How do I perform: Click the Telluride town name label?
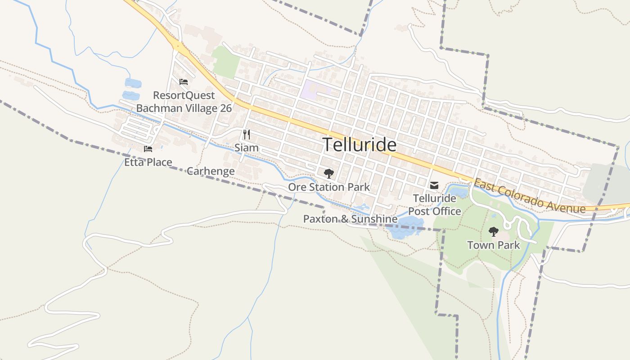(x=360, y=145)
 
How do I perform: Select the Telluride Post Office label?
(x=434, y=205)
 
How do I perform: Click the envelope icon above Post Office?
(x=434, y=185)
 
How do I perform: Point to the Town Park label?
(x=493, y=245)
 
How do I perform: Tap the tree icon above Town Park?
(x=494, y=232)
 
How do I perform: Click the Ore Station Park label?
(x=329, y=187)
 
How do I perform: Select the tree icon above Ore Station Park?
(x=329, y=173)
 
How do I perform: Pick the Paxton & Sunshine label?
(x=350, y=219)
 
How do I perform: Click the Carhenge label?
(x=211, y=171)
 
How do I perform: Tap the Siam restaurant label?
(x=247, y=148)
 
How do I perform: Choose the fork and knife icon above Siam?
(x=247, y=134)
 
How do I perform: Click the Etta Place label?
(x=148, y=162)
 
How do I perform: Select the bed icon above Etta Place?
(x=148, y=149)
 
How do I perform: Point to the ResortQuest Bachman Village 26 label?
(x=184, y=102)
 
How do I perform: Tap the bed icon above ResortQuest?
(x=184, y=82)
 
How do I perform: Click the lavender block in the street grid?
(x=315, y=88)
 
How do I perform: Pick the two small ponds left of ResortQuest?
(x=132, y=89)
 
